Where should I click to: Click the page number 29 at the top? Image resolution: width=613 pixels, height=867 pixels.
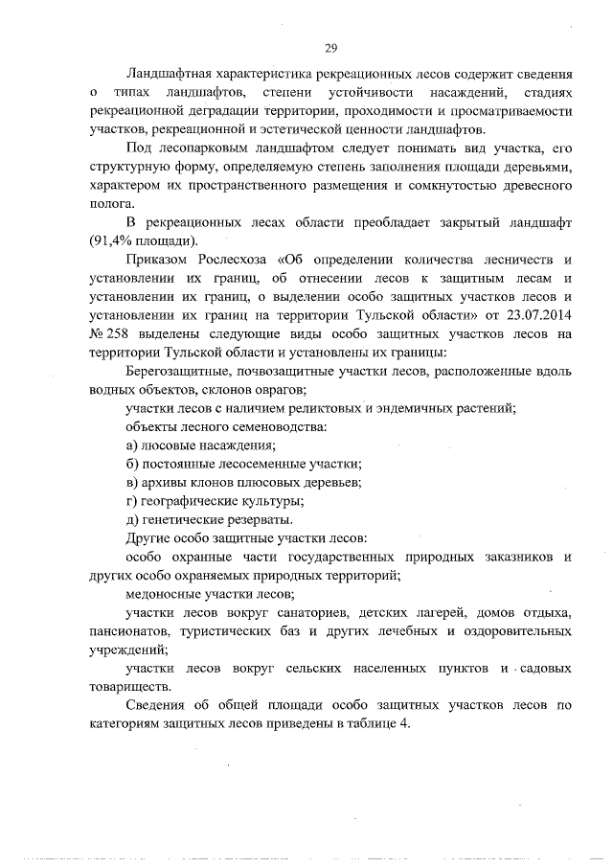coord(329,48)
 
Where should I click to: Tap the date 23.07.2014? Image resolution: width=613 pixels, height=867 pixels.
coord(537,314)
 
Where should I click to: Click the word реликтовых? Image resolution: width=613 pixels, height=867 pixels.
coord(324,407)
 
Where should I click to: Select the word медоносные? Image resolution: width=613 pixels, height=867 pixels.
coord(163,593)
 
